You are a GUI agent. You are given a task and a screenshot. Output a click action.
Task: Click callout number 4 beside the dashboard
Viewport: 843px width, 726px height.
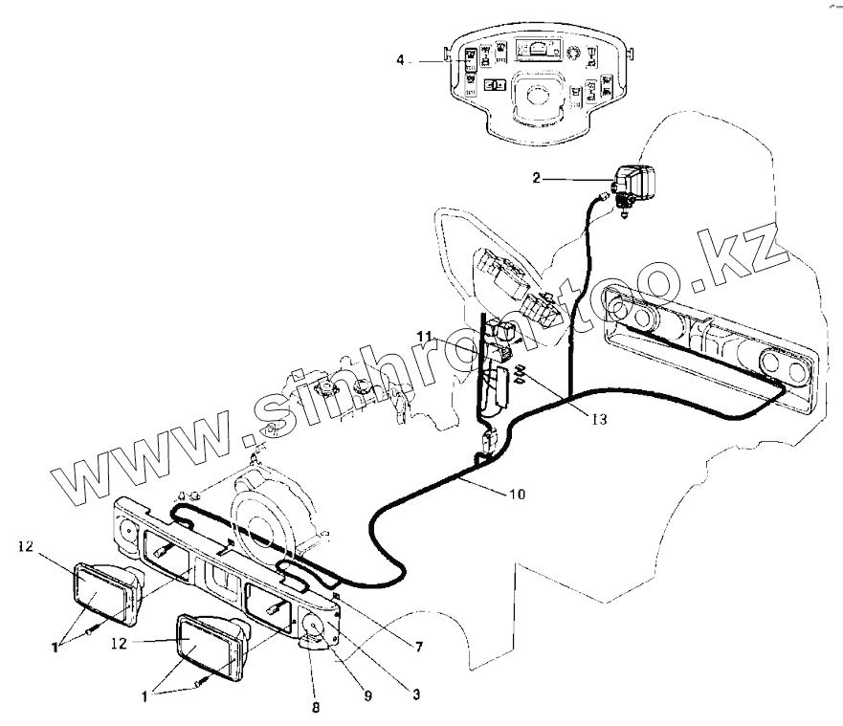(x=401, y=59)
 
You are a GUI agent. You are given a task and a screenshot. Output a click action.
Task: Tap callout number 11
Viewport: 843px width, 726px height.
(x=425, y=336)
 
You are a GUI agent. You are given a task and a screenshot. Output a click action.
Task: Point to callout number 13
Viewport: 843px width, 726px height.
(x=598, y=417)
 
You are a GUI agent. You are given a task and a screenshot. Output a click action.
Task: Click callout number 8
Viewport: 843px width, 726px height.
(x=315, y=710)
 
